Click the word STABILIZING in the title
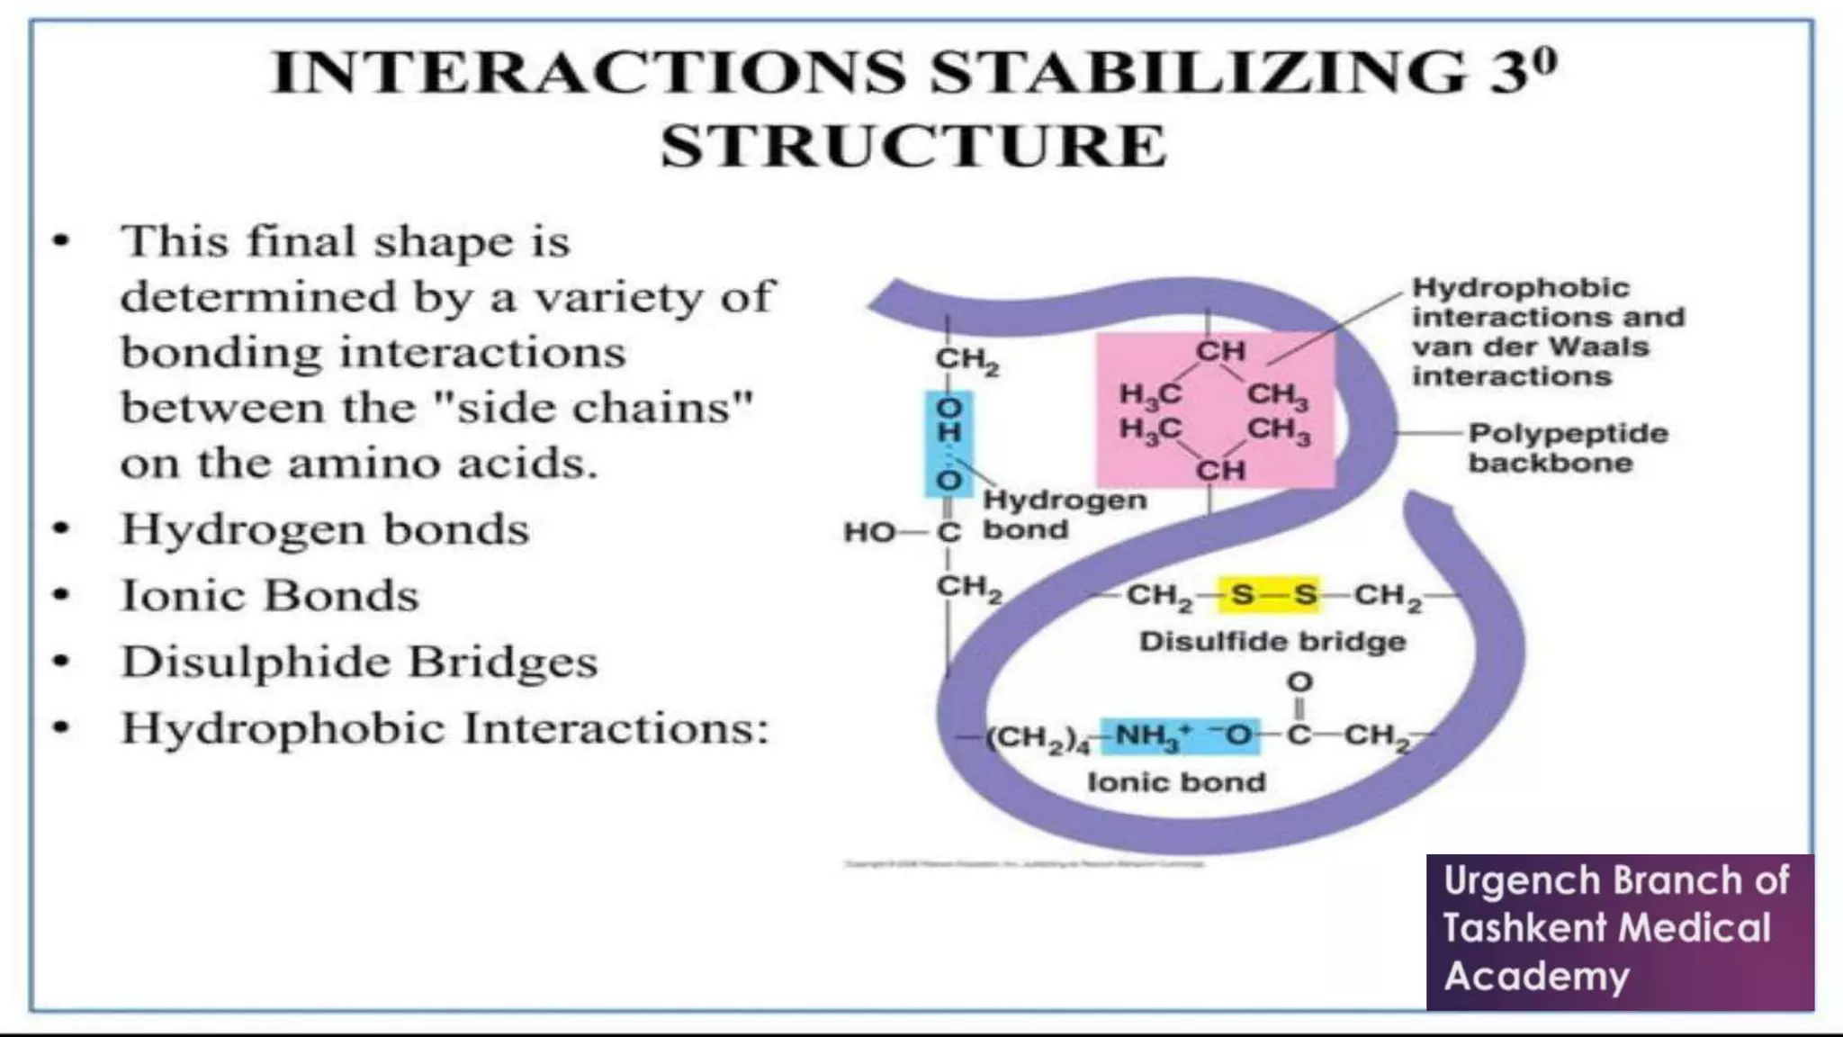[1198, 72]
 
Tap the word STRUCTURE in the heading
[914, 146]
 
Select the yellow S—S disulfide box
[1269, 595]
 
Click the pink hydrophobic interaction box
[1215, 410]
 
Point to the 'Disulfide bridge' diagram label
[1272, 642]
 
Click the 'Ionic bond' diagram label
[1177, 782]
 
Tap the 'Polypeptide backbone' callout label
[1569, 448]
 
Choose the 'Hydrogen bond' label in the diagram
[1064, 515]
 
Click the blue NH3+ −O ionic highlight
[1180, 736]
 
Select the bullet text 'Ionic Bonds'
[270, 596]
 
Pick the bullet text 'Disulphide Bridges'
[359, 663]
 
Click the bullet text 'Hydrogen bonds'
[325, 529]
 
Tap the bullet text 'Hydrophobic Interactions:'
[445, 729]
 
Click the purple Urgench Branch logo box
[1620, 932]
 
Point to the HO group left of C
[868, 533]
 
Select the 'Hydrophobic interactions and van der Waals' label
[1547, 332]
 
